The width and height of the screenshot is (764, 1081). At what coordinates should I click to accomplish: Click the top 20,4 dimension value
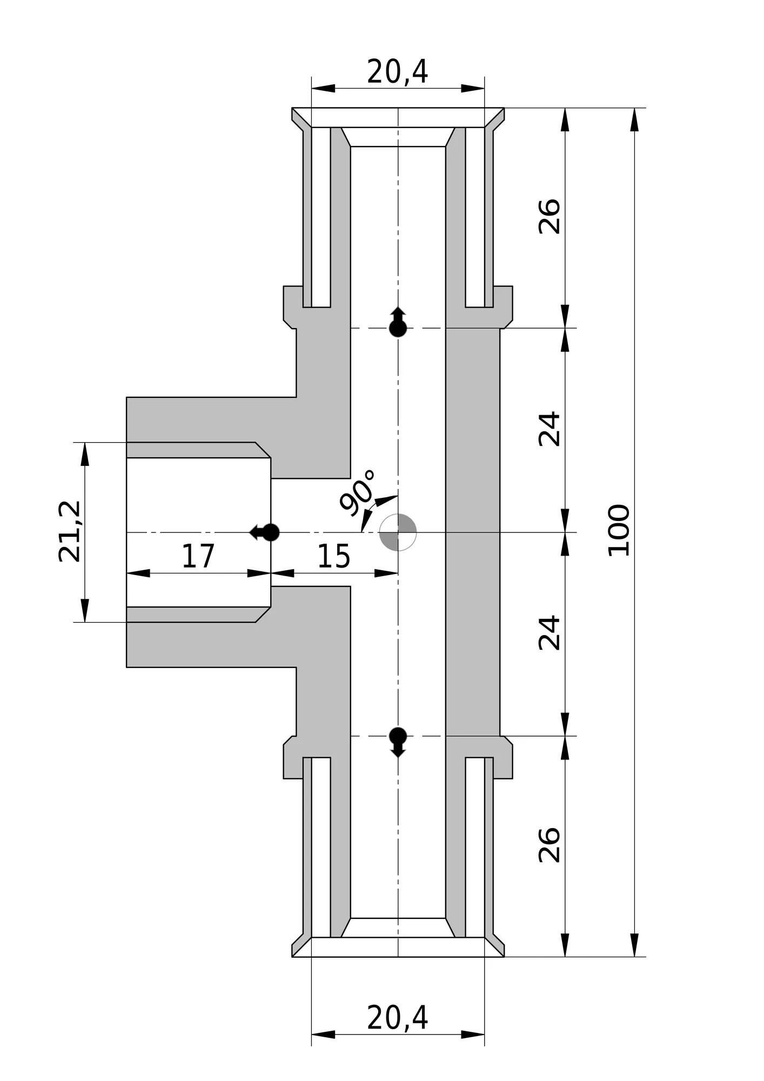398,71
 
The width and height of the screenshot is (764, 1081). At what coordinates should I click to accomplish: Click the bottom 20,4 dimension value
398,1018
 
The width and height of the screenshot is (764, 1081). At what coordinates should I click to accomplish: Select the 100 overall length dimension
619,530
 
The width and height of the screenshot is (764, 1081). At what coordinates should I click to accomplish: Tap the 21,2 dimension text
70,531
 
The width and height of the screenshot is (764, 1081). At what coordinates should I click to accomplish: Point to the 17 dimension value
198,556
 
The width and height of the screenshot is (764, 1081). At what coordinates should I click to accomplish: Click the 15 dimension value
333,556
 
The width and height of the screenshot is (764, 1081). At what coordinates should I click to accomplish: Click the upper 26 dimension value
549,216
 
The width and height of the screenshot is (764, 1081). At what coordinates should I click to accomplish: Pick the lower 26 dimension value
549,844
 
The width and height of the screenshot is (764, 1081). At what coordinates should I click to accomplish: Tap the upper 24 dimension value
549,429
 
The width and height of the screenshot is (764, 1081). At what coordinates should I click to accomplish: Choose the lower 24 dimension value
549,632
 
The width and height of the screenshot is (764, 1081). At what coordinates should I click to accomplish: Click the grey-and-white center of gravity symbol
398,532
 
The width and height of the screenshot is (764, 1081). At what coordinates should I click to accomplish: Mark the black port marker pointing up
398,323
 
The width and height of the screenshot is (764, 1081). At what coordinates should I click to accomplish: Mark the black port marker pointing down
398,742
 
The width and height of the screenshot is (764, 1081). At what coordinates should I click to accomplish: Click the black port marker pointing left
265,532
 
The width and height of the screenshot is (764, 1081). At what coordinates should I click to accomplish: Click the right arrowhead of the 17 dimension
259,573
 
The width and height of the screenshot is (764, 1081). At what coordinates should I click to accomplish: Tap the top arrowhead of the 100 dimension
635,119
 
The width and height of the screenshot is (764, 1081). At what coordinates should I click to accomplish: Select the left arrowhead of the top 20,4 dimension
323,88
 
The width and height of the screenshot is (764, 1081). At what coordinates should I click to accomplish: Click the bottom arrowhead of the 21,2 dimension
85,610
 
